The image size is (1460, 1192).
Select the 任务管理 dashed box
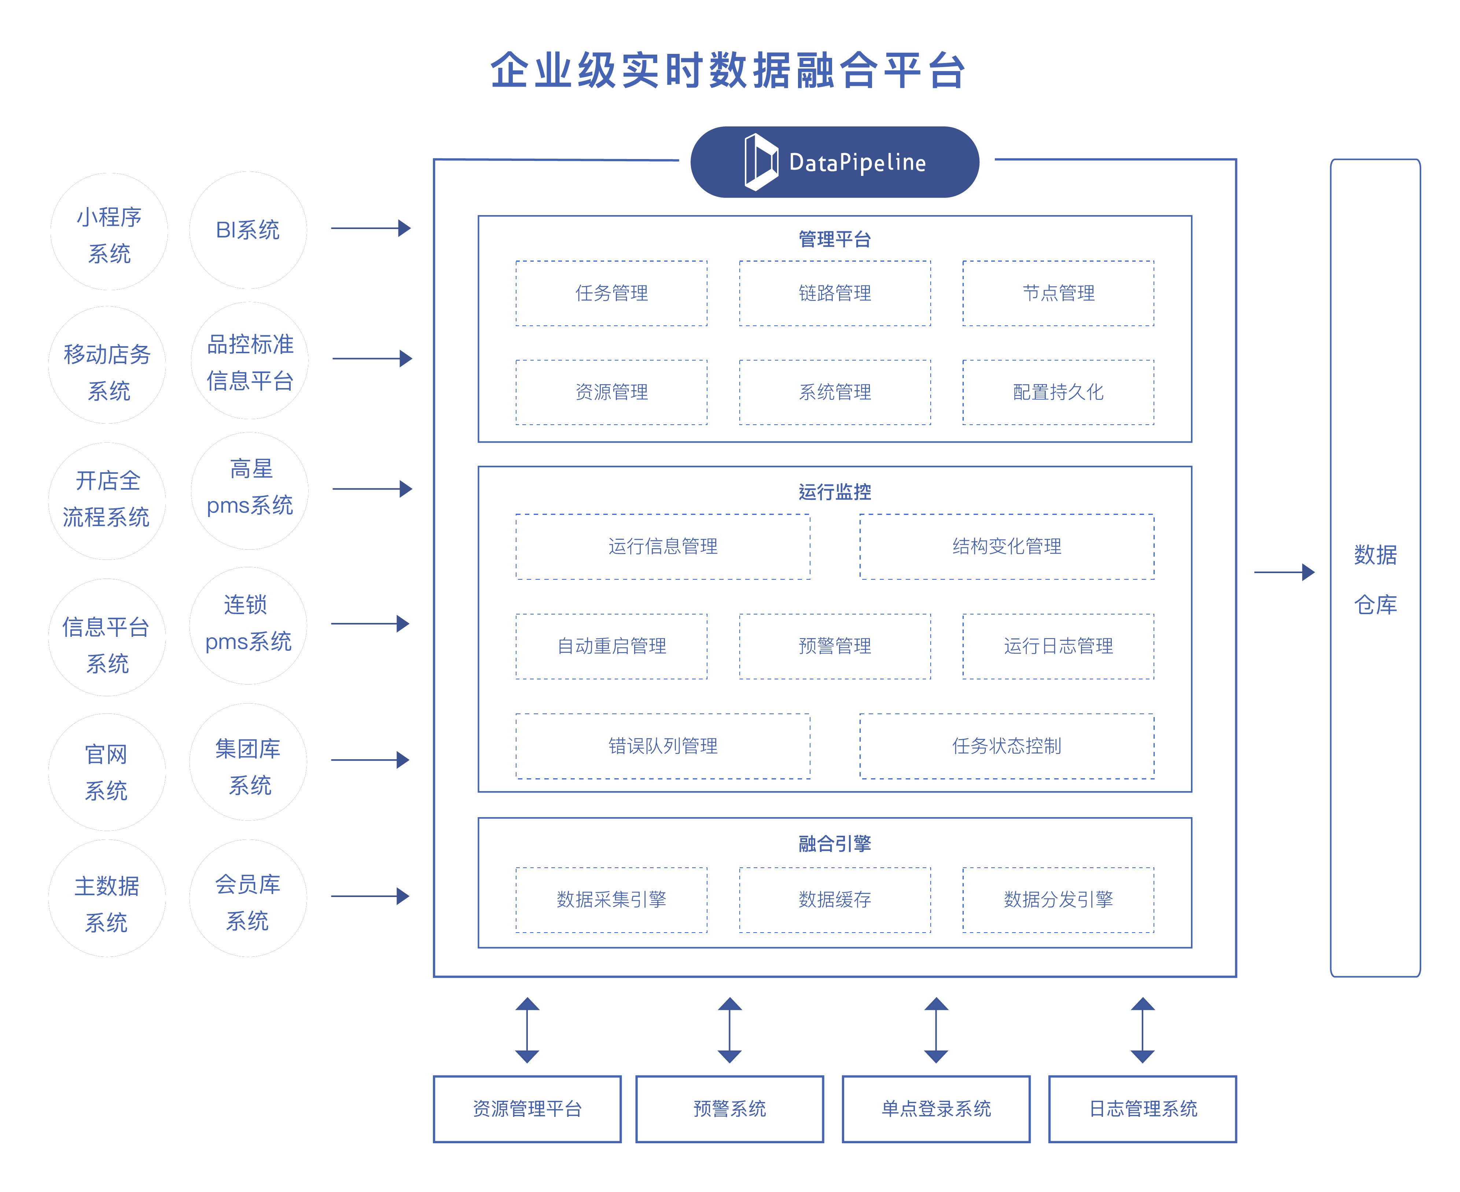click(x=611, y=293)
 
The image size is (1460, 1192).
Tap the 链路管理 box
click(x=834, y=293)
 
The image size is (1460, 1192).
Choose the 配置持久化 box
click(x=1058, y=392)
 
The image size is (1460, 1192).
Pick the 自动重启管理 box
click(x=611, y=646)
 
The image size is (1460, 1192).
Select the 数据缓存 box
click(x=834, y=900)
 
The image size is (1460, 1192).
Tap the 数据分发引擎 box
click(x=1058, y=900)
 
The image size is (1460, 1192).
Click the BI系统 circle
click(x=248, y=230)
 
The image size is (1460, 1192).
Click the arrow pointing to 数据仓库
click(x=1284, y=572)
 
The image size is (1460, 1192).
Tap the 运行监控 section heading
click(x=834, y=492)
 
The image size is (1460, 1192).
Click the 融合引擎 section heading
click(x=834, y=843)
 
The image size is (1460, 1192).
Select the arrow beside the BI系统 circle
click(x=371, y=228)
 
